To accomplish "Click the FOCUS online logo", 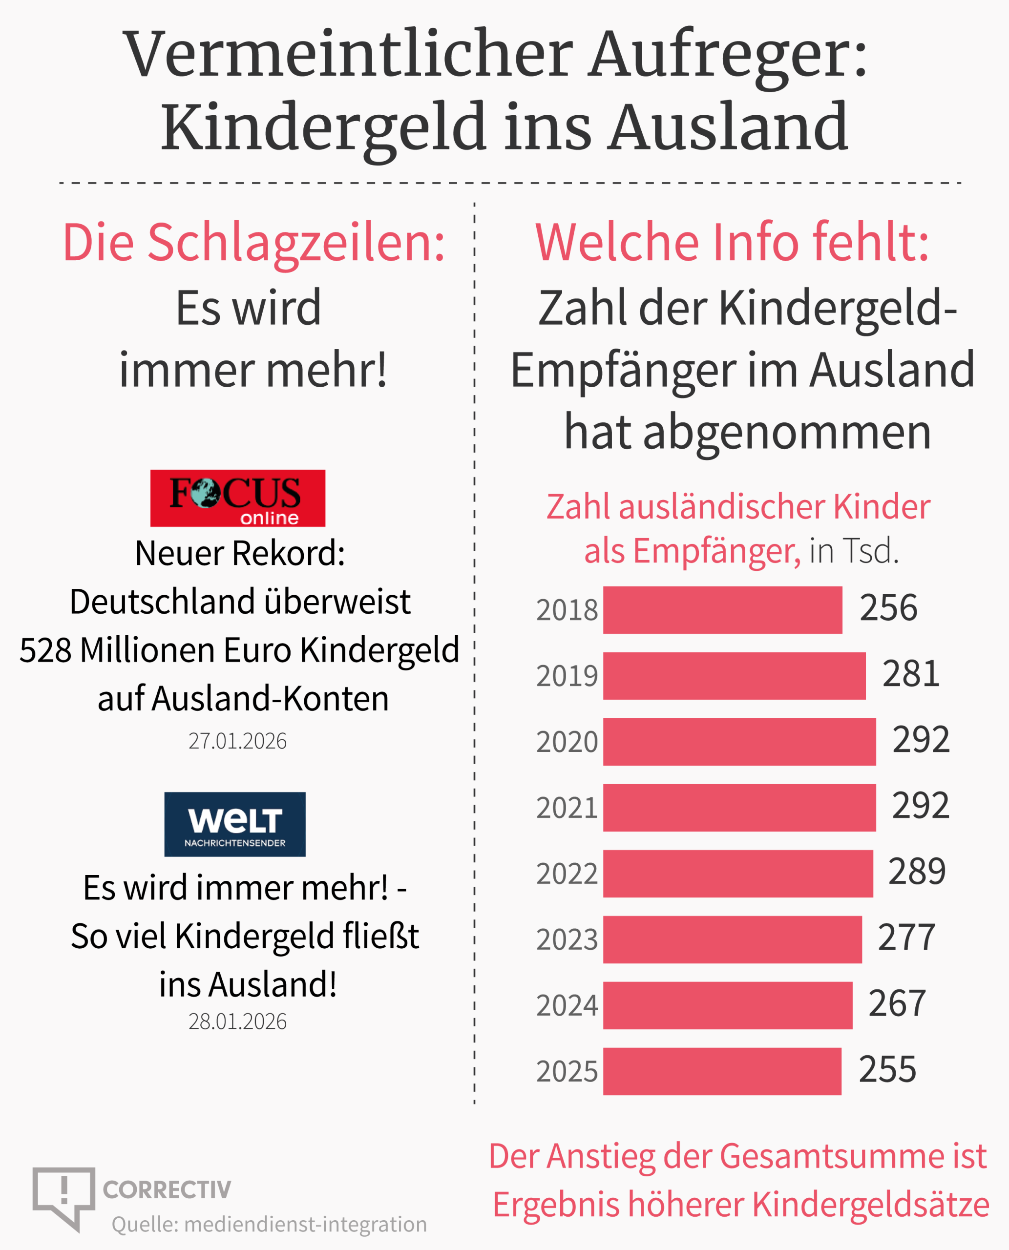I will (x=238, y=498).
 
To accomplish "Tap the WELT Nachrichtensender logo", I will (x=235, y=824).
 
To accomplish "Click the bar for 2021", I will (x=739, y=807).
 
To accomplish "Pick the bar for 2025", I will (x=722, y=1071).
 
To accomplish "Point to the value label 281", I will (x=911, y=674).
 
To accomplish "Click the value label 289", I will (x=917, y=871).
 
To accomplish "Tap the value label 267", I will (x=897, y=1003).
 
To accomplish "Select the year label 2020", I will (x=567, y=742).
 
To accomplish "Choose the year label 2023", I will (x=567, y=939).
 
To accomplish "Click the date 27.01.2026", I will (x=237, y=741).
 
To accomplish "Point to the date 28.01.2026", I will (x=237, y=1021).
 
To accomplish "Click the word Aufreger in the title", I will (x=727, y=55).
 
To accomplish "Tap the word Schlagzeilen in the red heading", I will (x=296, y=243).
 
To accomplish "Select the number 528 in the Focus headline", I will (x=46, y=650).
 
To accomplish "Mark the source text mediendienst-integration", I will (x=306, y=1224).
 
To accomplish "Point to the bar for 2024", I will (x=728, y=1005).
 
